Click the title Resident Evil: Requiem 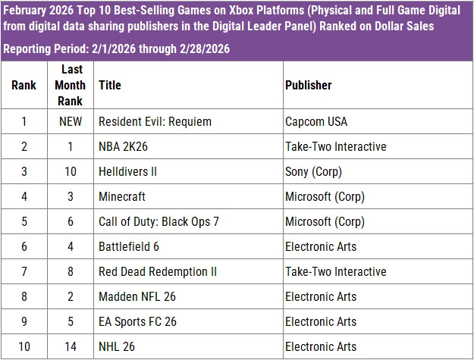155,121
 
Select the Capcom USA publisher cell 315,121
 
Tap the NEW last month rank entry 70,121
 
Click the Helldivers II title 127,171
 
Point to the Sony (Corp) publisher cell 313,171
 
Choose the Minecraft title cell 121,196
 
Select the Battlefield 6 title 128,246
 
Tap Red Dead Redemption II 158,271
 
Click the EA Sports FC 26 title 137,321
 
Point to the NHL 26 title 117,346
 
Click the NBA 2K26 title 124,146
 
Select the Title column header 109,85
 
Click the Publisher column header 308,85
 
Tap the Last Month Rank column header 70,85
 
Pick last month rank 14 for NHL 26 70,346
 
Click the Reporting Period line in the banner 117,49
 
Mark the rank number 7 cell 24,271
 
